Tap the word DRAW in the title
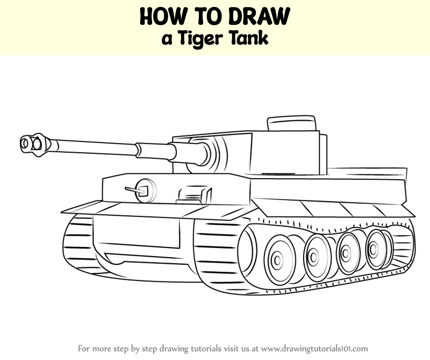coord(259,17)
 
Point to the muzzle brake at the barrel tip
coord(35,144)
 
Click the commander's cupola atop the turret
coord(291,123)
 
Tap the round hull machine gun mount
coord(146,190)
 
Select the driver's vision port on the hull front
coord(195,195)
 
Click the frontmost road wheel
coord(278,259)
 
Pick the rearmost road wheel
coord(374,249)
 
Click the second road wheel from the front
coord(314,257)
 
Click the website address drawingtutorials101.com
coord(314,349)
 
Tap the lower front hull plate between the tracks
coord(137,234)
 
